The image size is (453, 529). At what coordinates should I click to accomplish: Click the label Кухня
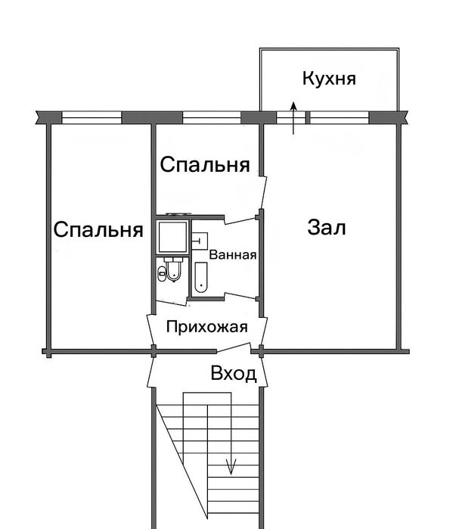coord(329,78)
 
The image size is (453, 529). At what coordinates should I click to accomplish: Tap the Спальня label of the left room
coord(98,230)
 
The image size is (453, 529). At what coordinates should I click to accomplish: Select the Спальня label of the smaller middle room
coord(205,164)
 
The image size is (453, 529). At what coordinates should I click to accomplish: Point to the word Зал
coord(327,227)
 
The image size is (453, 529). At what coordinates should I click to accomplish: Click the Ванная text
coord(234,255)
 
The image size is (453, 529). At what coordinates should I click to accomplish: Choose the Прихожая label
coord(206,328)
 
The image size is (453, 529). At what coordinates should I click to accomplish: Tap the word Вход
coord(234,373)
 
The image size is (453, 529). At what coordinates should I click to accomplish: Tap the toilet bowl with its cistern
coord(173,270)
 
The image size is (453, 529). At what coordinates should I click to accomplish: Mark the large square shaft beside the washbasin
coord(173,238)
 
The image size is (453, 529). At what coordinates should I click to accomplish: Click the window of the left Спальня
coord(92,117)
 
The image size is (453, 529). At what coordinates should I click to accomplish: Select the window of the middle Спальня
coord(212,117)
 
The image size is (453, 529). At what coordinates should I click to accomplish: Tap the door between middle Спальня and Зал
coord(262,191)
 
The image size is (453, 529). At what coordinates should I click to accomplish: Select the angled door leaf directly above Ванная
coord(241,218)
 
